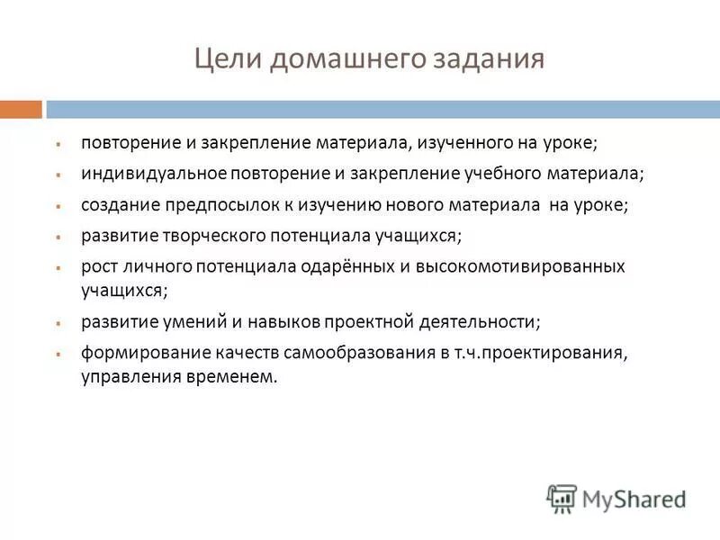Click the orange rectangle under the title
(x=21, y=109)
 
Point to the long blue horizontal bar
(x=382, y=109)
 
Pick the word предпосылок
(x=210, y=205)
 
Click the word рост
(x=97, y=267)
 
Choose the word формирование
(x=135, y=353)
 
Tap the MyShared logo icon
(x=562, y=498)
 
